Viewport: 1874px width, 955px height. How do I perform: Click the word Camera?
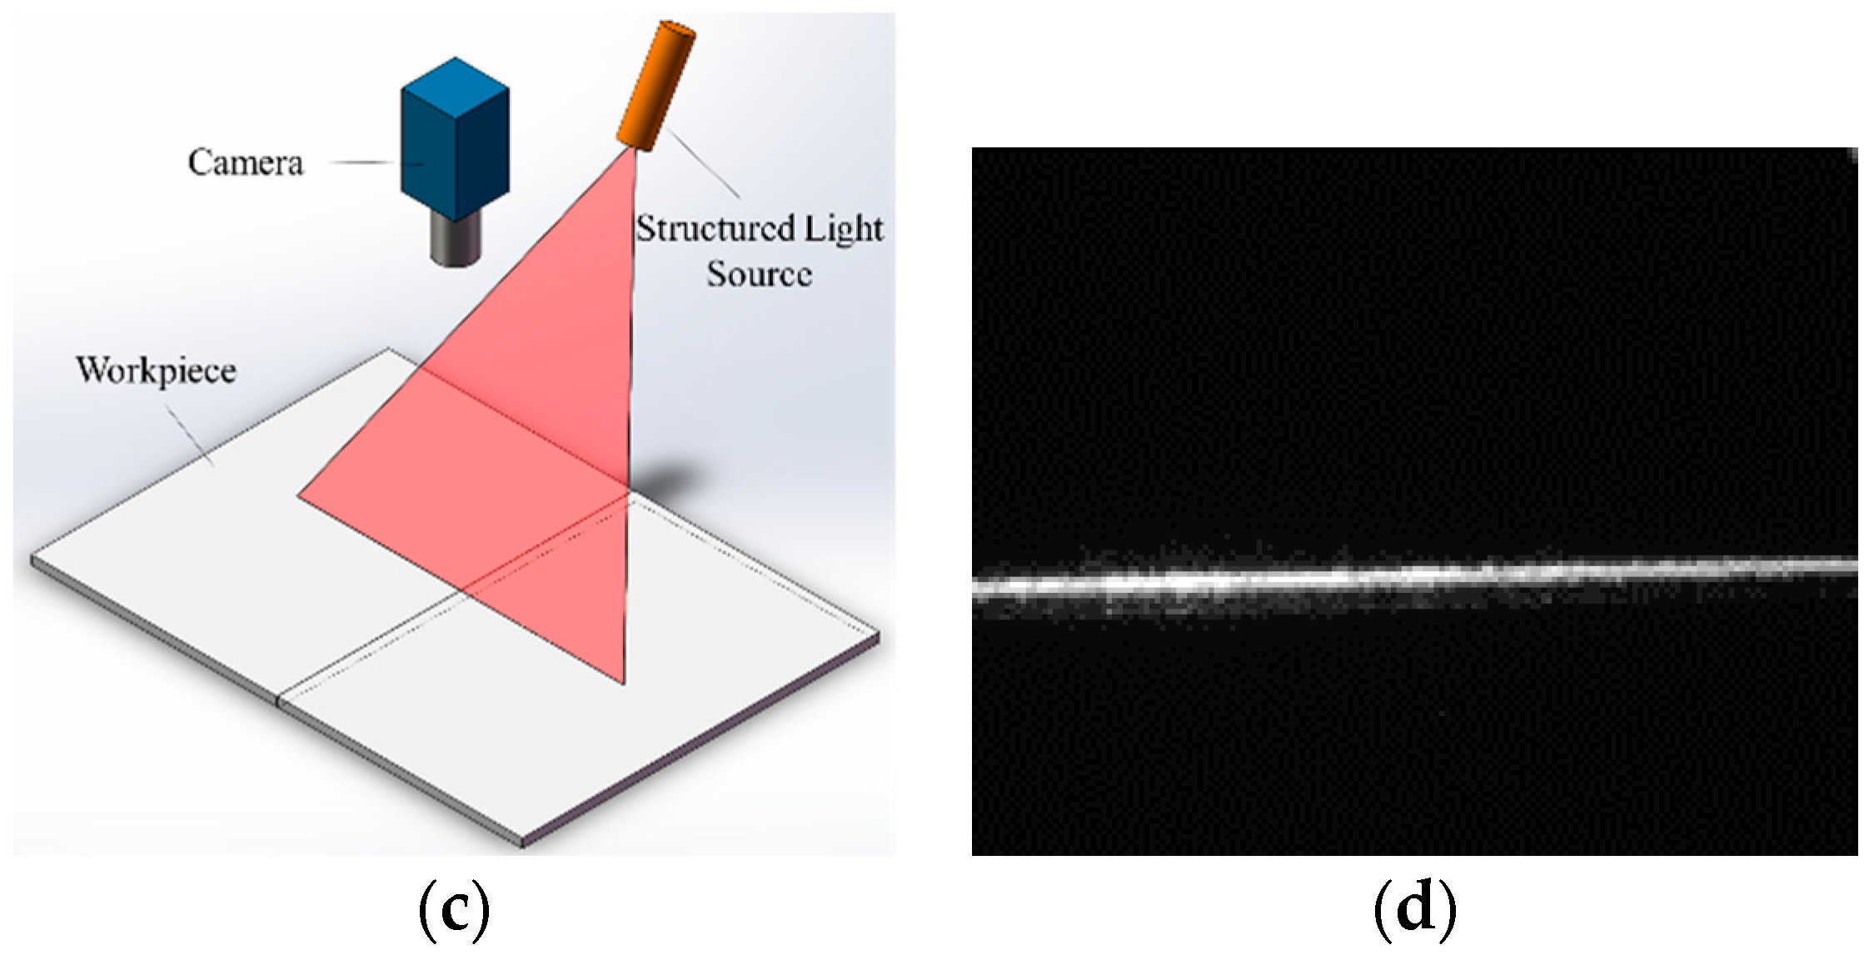tap(245, 162)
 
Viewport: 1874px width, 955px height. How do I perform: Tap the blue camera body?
tap(454, 142)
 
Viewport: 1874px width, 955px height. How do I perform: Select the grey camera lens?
tap(457, 241)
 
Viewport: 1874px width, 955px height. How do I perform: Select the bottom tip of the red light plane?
tap(624, 683)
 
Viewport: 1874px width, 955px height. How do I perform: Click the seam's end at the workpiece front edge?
tap(280, 701)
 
